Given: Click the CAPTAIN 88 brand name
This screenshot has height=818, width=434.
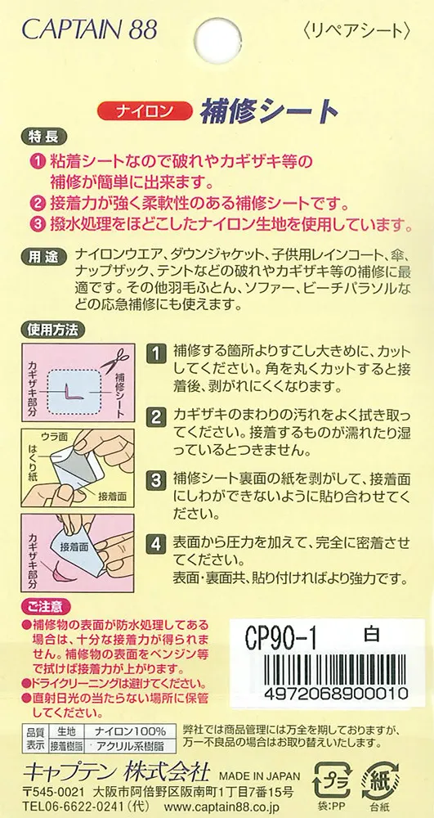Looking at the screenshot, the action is (x=90, y=30).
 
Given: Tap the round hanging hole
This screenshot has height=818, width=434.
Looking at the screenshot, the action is (x=217, y=40).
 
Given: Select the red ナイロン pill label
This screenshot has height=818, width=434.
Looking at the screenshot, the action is (x=141, y=111).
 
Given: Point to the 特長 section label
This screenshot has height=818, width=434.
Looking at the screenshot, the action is (x=44, y=137).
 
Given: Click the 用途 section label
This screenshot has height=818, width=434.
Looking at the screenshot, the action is (x=44, y=257).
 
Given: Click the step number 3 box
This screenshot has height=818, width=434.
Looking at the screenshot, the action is (x=155, y=479).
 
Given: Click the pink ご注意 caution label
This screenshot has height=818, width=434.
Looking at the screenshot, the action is (x=46, y=607).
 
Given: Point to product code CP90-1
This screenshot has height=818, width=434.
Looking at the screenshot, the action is (x=281, y=637).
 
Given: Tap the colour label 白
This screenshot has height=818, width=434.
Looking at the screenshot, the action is (x=372, y=634).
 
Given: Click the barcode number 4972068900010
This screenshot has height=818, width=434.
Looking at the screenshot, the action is (x=337, y=693).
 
